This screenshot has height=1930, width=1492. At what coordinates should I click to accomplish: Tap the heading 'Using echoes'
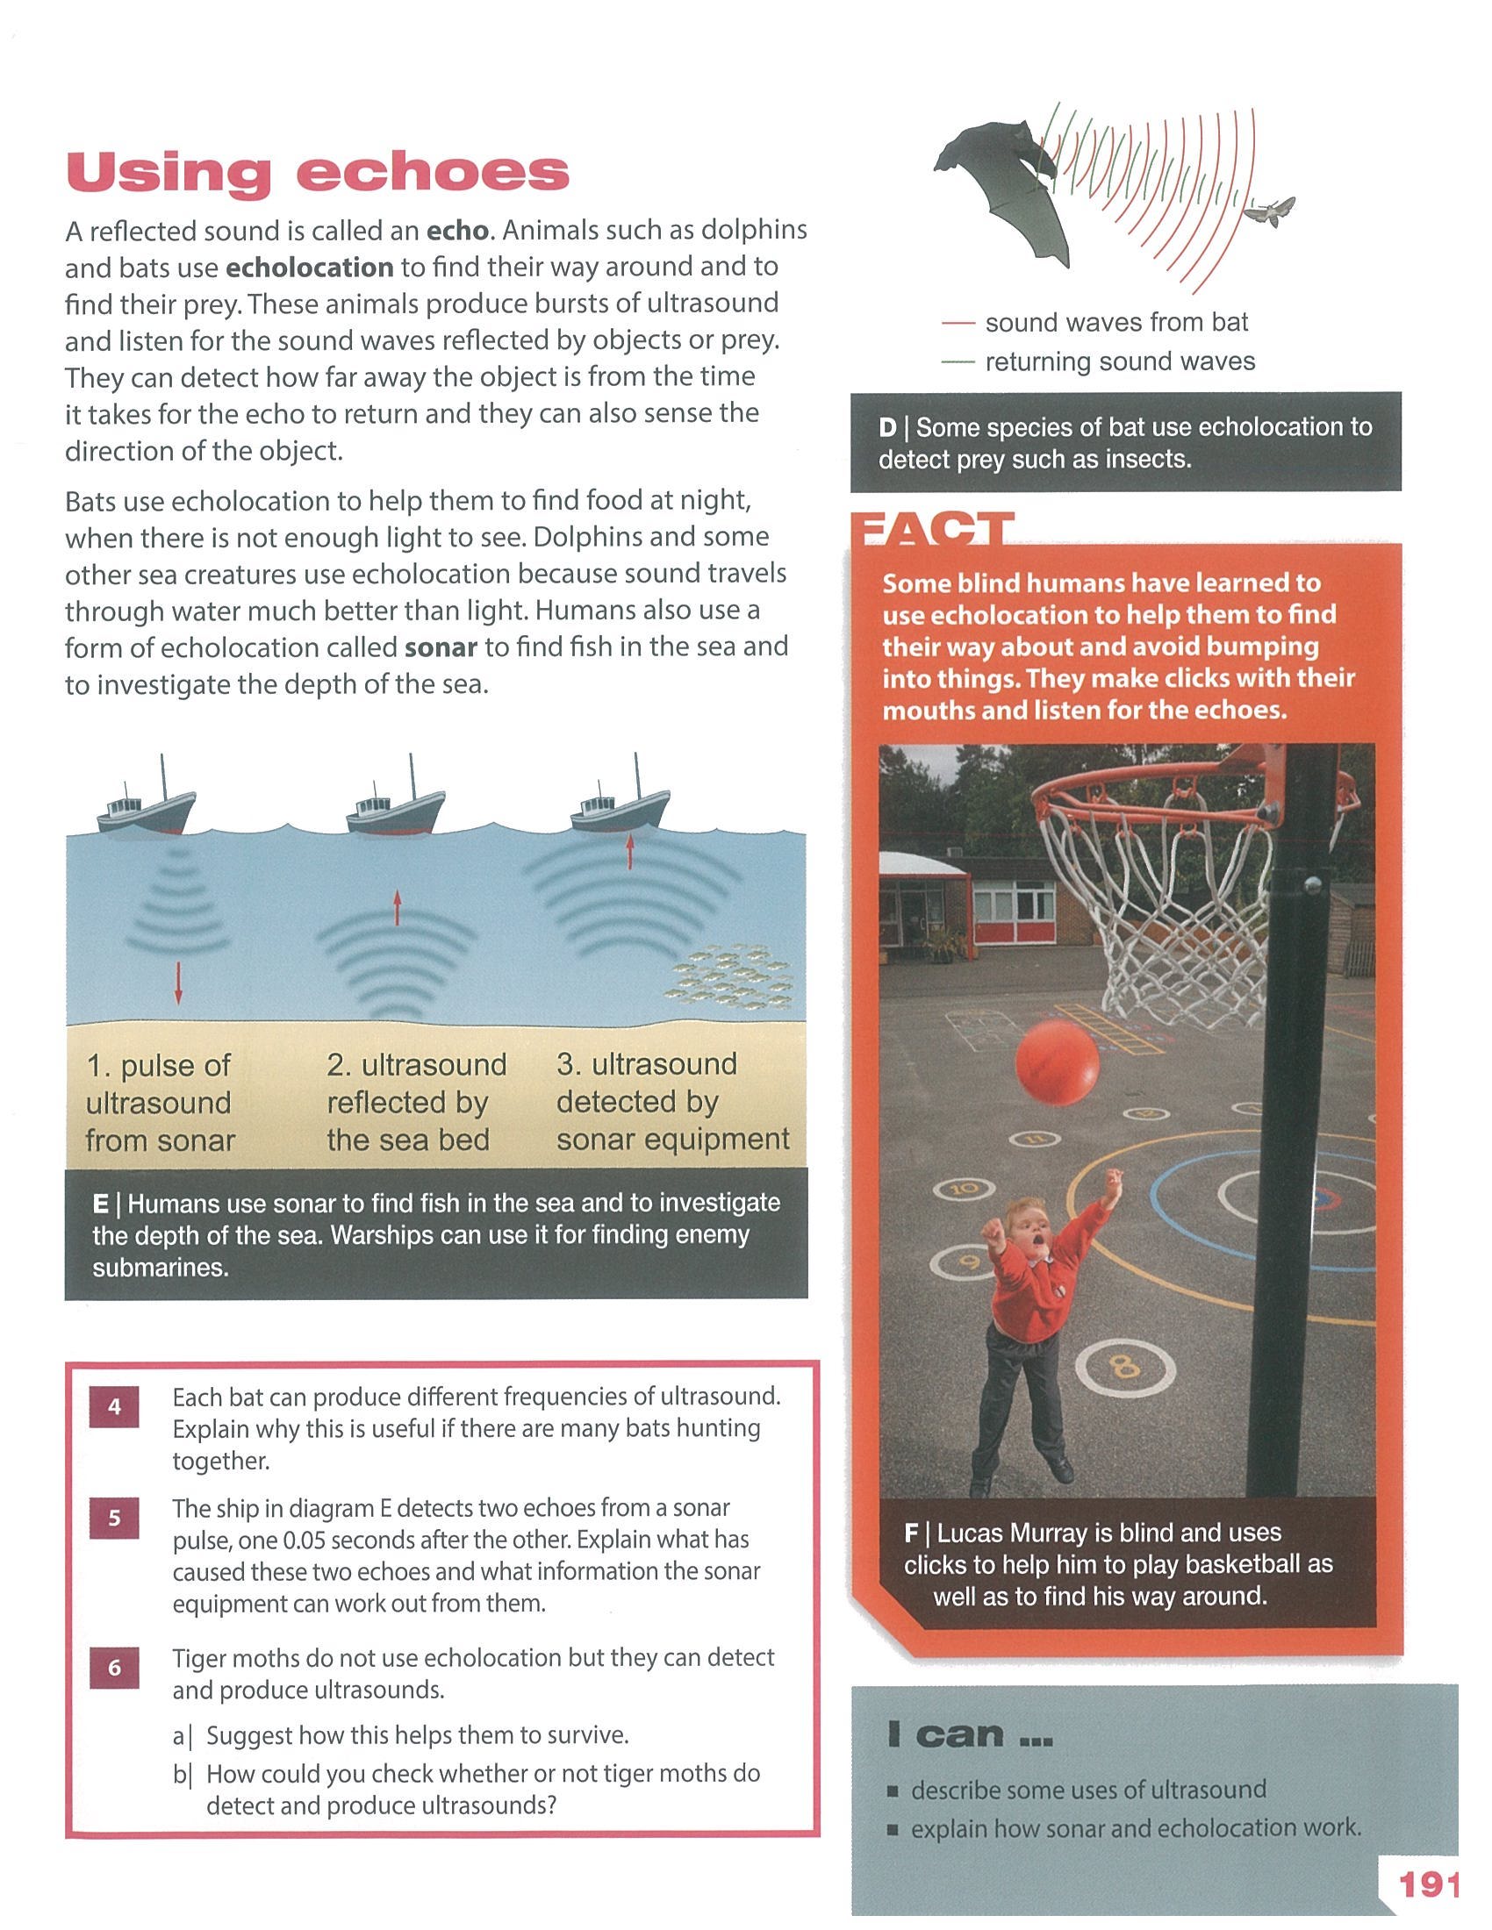(x=319, y=174)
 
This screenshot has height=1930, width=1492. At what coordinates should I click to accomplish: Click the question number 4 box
(x=114, y=1406)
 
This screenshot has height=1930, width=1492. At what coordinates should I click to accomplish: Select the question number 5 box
(x=114, y=1519)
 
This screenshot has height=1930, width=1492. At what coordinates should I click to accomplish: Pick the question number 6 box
(x=114, y=1668)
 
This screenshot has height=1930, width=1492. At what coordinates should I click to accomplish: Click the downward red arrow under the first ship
(x=178, y=983)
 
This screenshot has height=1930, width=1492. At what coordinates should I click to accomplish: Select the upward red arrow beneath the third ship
(x=629, y=850)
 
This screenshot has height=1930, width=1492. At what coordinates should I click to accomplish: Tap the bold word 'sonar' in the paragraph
(x=441, y=647)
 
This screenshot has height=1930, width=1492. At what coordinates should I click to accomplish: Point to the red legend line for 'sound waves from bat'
(x=958, y=325)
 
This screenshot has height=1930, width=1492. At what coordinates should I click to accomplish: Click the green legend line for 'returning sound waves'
(x=958, y=362)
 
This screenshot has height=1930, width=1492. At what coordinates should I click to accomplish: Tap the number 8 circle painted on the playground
(x=1124, y=1369)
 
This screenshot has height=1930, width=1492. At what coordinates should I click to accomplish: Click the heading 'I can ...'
(x=970, y=1735)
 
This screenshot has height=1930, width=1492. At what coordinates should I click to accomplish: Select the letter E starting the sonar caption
(x=101, y=1204)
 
